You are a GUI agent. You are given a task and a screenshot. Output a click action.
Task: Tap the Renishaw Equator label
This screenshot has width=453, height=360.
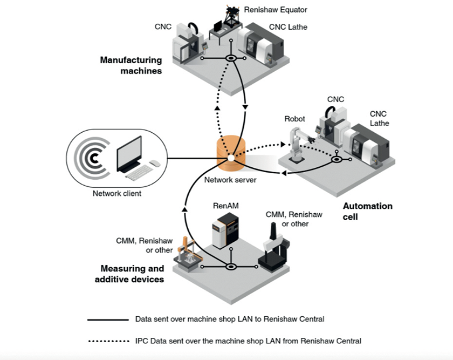[276, 10]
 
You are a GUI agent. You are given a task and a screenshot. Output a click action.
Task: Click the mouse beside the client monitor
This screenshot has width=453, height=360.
[155, 164]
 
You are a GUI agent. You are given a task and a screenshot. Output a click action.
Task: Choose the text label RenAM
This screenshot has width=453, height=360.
[225, 206]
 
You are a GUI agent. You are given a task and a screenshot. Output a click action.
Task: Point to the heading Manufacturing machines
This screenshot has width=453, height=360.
[131, 65]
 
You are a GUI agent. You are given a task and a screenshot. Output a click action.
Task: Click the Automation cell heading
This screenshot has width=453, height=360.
[367, 212]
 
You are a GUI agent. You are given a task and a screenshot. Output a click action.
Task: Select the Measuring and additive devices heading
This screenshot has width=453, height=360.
[129, 274]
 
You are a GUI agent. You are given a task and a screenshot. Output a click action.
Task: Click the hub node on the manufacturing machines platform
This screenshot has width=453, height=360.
[231, 59]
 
